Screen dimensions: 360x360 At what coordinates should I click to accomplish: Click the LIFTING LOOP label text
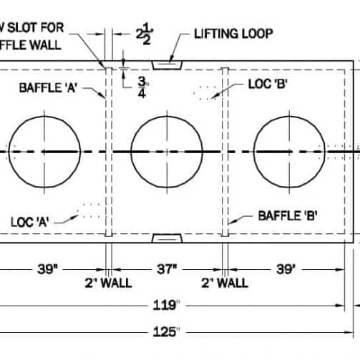point(232,34)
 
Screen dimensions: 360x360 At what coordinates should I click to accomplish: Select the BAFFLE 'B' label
point(288,215)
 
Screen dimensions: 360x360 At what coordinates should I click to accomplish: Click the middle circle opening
point(166,151)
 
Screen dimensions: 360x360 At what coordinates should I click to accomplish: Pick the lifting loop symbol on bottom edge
point(169,238)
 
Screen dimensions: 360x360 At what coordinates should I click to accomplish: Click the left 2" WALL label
point(107,283)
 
